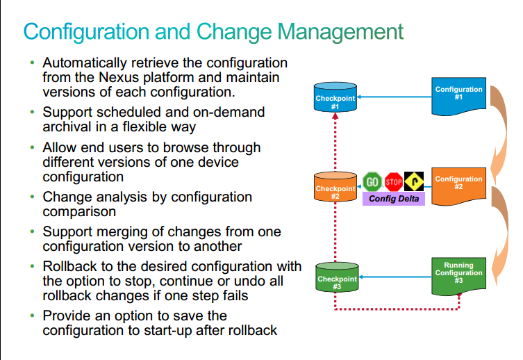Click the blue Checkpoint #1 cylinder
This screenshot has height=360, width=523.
tap(335, 97)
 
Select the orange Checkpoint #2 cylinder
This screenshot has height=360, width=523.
tap(335, 187)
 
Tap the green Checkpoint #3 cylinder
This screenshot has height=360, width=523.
tap(337, 277)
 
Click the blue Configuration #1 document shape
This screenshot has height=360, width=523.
tap(458, 96)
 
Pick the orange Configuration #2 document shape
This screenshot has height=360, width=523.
tap(458, 186)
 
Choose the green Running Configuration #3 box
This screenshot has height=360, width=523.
tap(458, 277)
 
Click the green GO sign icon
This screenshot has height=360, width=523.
tap(372, 182)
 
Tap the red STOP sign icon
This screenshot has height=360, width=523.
tap(394, 182)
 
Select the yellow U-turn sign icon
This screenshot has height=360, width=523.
tap(414, 181)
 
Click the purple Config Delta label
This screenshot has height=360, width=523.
tap(394, 199)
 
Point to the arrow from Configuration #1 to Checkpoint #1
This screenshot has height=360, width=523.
tap(395, 97)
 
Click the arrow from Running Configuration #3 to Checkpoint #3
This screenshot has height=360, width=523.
tap(395, 277)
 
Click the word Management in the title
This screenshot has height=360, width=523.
tap(340, 32)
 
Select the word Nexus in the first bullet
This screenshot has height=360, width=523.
tap(119, 77)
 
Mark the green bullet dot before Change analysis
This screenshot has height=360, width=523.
tap(32, 197)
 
